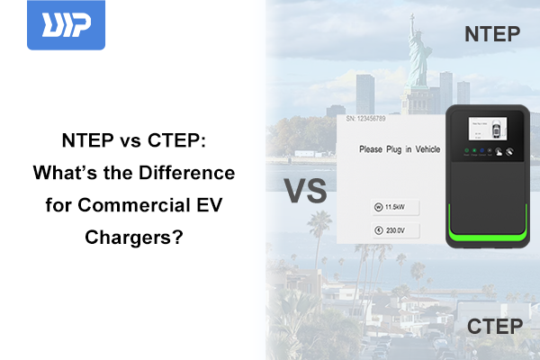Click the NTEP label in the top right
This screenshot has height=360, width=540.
click(x=492, y=34)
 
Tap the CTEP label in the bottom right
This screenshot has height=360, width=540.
click(x=494, y=326)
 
